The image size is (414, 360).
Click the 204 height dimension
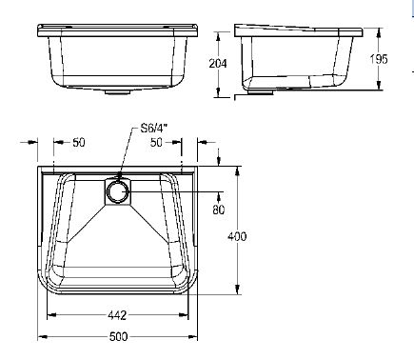pyautogui.click(x=218, y=64)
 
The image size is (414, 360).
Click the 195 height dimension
pyautogui.click(x=379, y=59)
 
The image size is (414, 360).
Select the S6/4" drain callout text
pyautogui.click(x=154, y=129)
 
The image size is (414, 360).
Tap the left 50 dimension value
pyautogui.click(x=79, y=142)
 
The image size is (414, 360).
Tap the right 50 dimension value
pyautogui.click(x=156, y=142)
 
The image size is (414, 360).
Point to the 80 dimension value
pyautogui.click(x=219, y=210)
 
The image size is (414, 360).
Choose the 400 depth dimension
pyautogui.click(x=237, y=236)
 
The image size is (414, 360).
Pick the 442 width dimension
pyautogui.click(x=117, y=315)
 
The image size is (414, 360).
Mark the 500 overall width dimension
pyautogui.click(x=118, y=336)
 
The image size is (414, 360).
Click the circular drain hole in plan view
pyautogui.click(x=118, y=192)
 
